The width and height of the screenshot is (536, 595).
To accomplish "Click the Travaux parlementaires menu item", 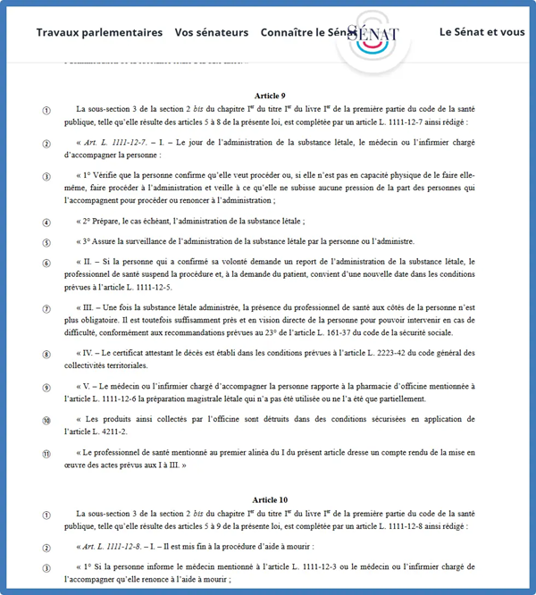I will coord(99,32).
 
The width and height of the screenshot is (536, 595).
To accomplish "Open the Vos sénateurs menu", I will coord(212,32).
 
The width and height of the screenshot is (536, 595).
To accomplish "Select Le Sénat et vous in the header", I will coord(482,32).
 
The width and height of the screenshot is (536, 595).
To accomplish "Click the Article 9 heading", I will coord(269,95).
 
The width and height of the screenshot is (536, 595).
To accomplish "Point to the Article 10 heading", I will coord(270,499).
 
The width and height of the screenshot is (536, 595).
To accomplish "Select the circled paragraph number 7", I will coord(46,309).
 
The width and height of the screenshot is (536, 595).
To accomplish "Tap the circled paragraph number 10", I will coord(46,420).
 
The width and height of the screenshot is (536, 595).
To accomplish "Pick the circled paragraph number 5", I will coord(46,242).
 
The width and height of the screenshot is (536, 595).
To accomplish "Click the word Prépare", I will coord(113,222).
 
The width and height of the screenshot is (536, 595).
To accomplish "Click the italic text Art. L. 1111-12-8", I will coord(120,546).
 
